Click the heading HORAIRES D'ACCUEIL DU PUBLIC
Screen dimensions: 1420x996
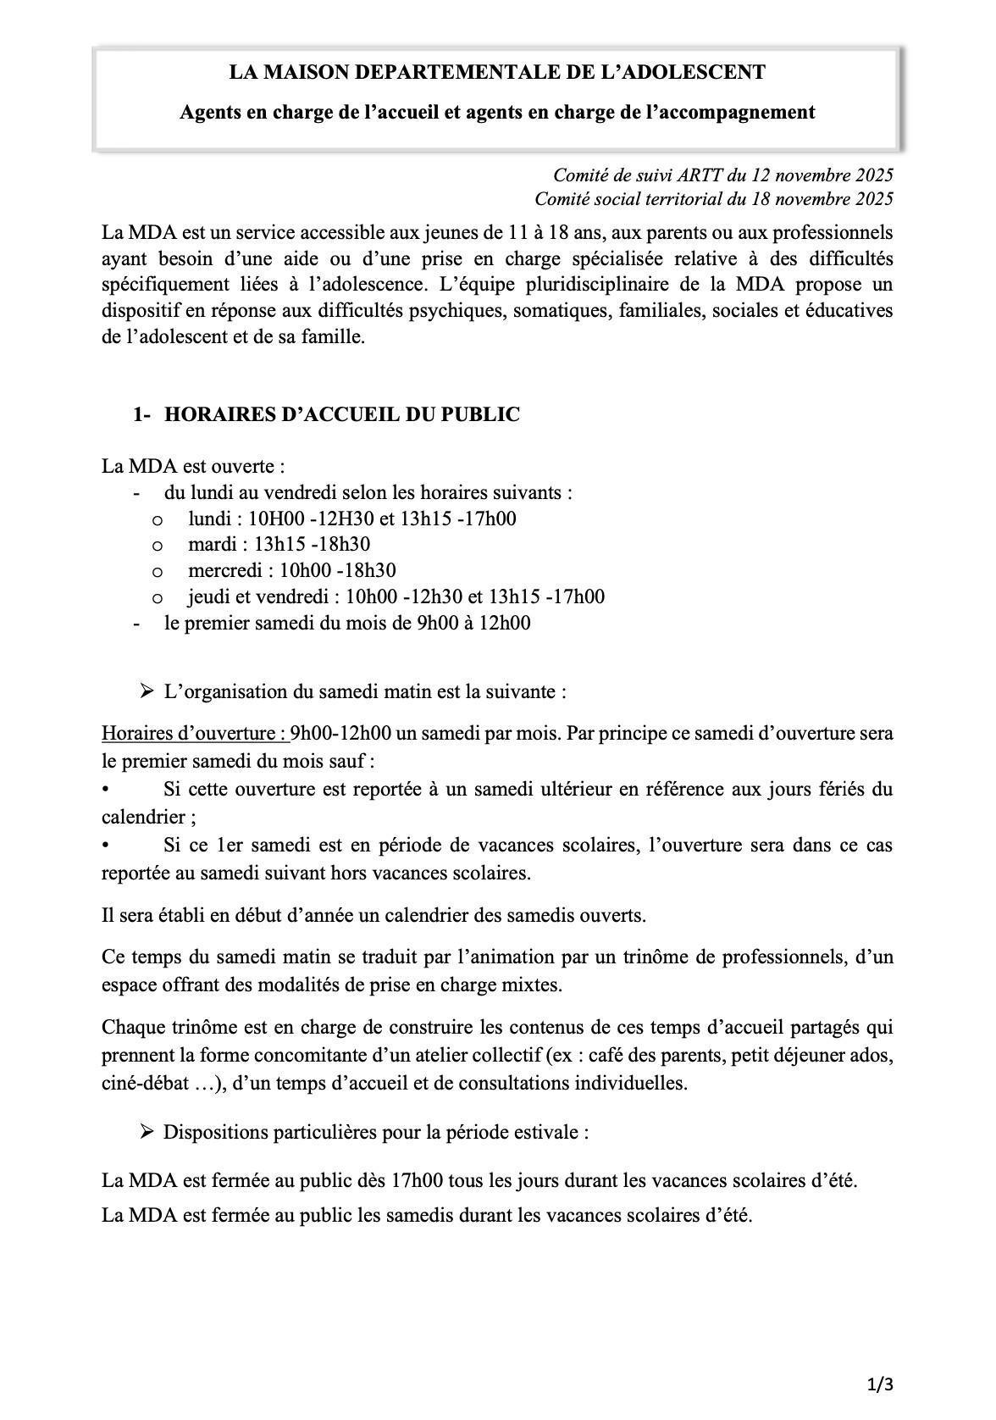point(341,414)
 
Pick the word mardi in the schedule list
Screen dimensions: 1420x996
point(207,544)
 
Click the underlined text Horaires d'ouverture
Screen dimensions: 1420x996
point(194,733)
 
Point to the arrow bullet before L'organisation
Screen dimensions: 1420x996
point(147,691)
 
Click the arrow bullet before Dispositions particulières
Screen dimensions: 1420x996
point(147,1132)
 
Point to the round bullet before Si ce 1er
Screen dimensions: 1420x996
point(106,846)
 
